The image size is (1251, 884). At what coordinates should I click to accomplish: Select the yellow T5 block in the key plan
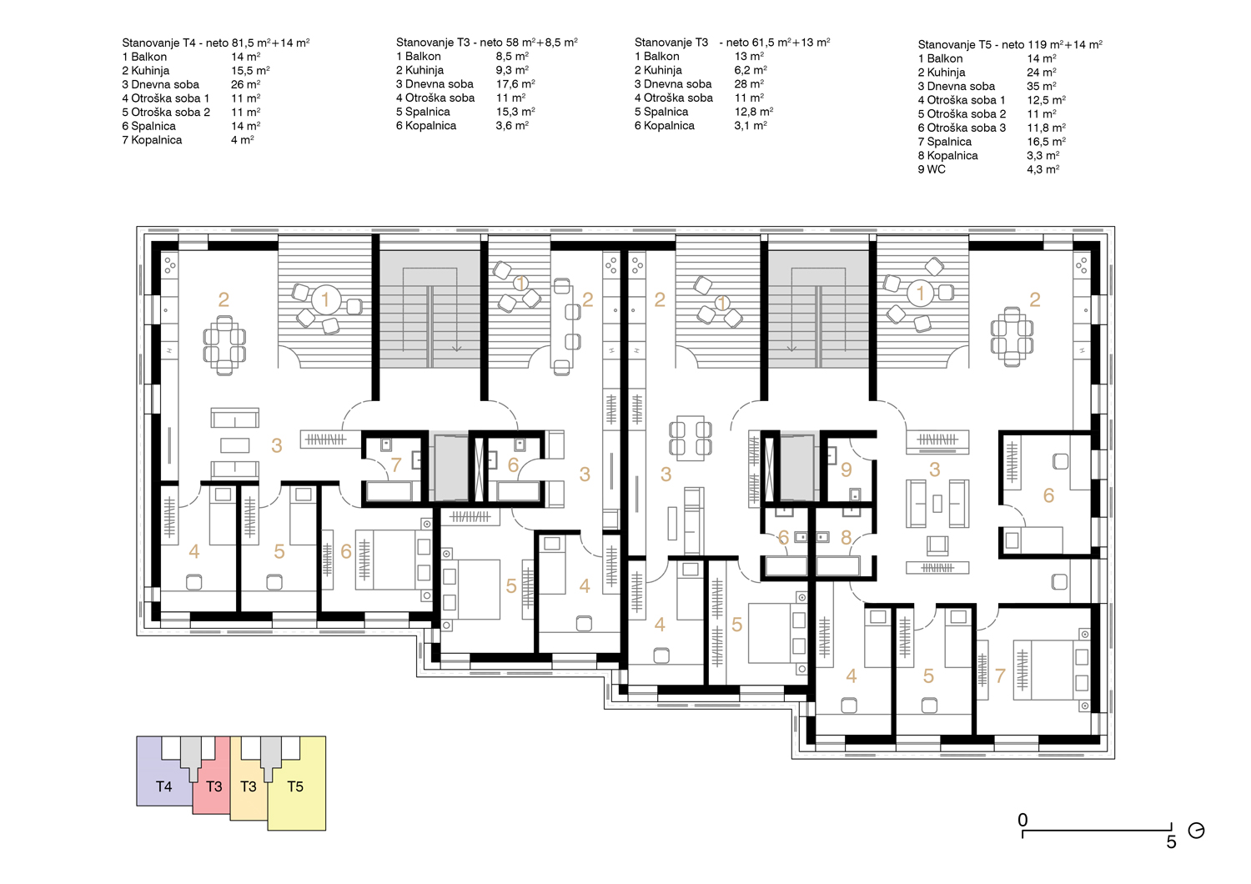(297, 793)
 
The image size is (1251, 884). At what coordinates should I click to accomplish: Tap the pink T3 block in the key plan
(212, 787)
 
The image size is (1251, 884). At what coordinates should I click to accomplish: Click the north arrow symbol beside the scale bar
(1196, 831)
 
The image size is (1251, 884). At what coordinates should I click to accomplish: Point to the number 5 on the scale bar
(1171, 842)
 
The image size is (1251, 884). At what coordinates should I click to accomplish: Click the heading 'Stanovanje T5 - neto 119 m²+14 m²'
(1010, 45)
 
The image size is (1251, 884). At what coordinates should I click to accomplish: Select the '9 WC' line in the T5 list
(932, 169)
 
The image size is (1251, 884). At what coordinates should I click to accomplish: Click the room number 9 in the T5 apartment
(847, 470)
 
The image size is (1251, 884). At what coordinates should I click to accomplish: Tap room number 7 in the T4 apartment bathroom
(396, 465)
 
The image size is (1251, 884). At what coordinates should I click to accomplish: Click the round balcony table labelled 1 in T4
(325, 300)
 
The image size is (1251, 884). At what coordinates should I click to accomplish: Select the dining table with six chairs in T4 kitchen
(224, 345)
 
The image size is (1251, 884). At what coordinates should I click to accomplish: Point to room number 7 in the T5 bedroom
(1000, 676)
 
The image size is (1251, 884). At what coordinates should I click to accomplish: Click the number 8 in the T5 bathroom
(847, 537)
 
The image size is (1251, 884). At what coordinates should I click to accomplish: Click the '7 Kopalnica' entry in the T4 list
(152, 139)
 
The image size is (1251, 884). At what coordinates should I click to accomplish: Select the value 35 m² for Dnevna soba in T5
(1041, 86)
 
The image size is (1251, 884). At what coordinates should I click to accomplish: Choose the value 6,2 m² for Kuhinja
(750, 70)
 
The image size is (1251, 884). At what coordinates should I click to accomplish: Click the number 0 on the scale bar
(1022, 820)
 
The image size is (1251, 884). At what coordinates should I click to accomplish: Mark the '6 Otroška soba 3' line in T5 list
(962, 128)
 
